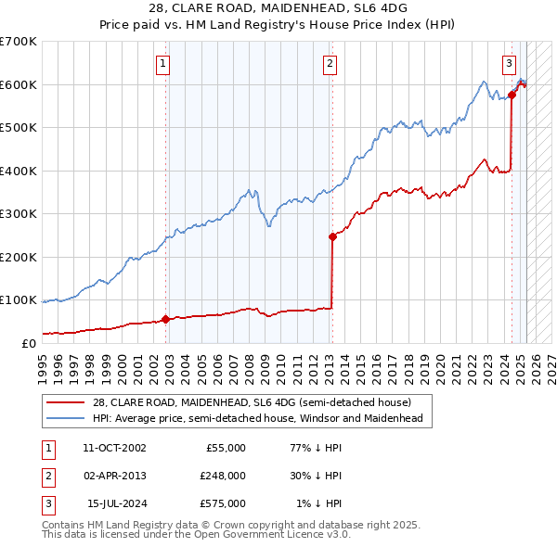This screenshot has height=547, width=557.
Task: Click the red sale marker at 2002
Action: tap(166, 319)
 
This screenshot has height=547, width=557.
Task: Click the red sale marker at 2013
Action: tap(332, 236)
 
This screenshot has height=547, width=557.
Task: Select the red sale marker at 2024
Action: tap(512, 95)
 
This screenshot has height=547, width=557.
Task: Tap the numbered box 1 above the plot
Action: tap(163, 64)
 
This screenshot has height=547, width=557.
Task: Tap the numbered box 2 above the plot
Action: tap(330, 64)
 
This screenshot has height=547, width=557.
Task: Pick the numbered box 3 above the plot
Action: tap(509, 64)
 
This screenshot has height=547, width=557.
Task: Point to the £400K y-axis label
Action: tap(19, 171)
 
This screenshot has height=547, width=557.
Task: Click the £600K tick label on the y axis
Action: tap(19, 84)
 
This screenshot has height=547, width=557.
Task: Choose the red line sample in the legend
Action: tap(65, 402)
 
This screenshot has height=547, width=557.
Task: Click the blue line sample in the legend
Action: tap(65, 418)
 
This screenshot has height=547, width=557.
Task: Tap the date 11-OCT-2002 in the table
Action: tap(114, 448)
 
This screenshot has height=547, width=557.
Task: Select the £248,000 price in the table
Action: tap(223, 476)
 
